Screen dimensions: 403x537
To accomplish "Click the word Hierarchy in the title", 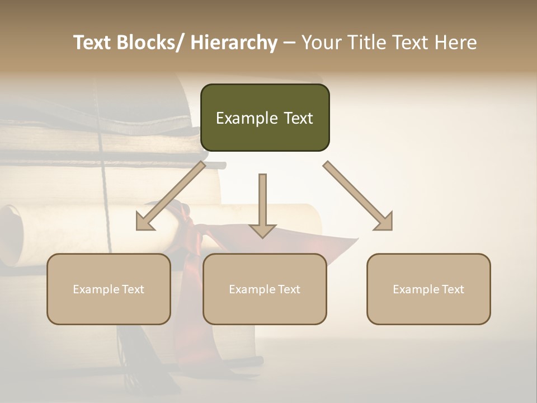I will tap(234, 43).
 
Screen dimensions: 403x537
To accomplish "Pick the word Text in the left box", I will tap(133, 289).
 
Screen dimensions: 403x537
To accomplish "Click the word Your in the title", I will tap(322, 43).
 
